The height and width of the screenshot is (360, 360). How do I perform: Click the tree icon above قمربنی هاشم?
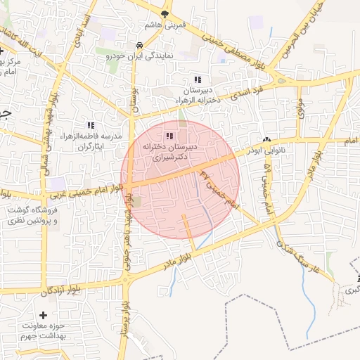pyautogui.click(x=165, y=13)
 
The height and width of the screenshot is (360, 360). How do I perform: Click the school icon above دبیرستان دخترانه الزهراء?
pyautogui.click(x=198, y=79)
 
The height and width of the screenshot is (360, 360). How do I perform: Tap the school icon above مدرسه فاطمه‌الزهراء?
pyautogui.click(x=90, y=125)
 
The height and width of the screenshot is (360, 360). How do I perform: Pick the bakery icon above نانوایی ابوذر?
pyautogui.click(x=266, y=140)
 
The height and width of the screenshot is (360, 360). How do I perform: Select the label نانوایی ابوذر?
pyautogui.click(x=268, y=150)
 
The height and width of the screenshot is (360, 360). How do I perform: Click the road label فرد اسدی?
pyautogui.click(x=250, y=90)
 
